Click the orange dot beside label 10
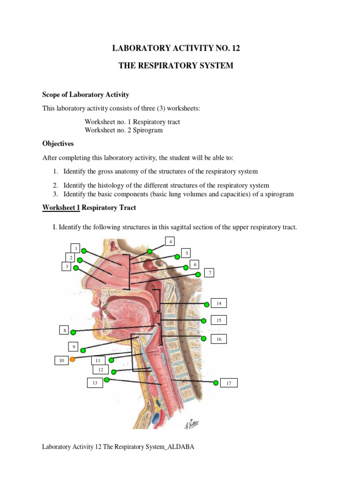73,360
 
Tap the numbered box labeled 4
171,241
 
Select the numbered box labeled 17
229,383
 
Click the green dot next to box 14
207,304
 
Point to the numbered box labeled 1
76,247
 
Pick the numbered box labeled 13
95,383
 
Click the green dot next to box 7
198,274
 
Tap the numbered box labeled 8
65,330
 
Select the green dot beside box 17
216,383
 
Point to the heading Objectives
58,143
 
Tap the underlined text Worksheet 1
61,207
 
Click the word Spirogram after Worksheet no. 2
148,130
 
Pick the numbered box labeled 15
218,320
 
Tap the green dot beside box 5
177,256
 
